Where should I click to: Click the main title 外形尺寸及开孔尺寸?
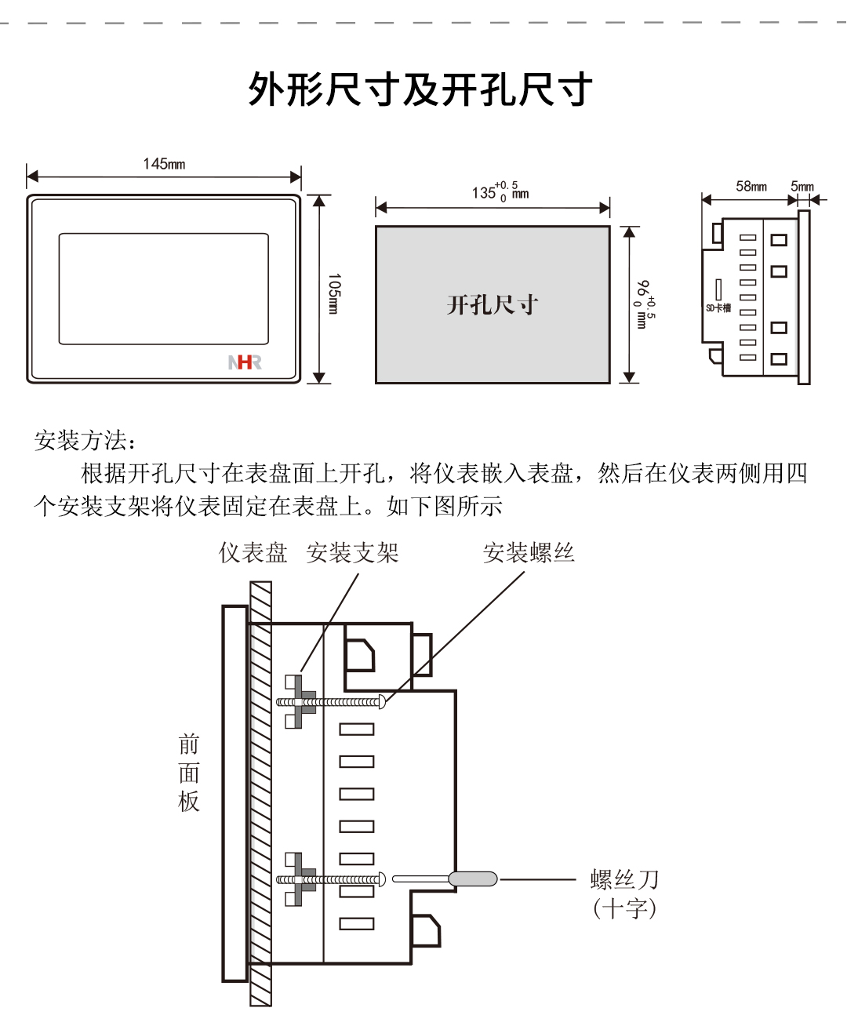[x=420, y=89]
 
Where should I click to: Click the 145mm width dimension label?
[x=164, y=164]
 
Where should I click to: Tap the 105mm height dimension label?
[x=334, y=294]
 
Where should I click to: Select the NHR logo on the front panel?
[x=245, y=362]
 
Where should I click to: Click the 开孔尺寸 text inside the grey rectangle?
[x=493, y=305]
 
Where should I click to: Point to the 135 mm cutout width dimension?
[x=500, y=191]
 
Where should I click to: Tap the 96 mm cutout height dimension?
[x=644, y=304]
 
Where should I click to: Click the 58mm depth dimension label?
[x=751, y=187]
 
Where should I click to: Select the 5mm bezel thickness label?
[x=802, y=187]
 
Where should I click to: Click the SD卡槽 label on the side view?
[x=718, y=307]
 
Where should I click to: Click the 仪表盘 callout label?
[x=253, y=553]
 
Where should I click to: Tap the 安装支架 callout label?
[x=352, y=553]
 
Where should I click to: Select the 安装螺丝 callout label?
[x=529, y=553]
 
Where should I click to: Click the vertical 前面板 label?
[x=189, y=773]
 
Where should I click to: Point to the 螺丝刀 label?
[x=624, y=879]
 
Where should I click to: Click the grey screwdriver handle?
[x=473, y=879]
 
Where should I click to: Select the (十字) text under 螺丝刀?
[x=624, y=909]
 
